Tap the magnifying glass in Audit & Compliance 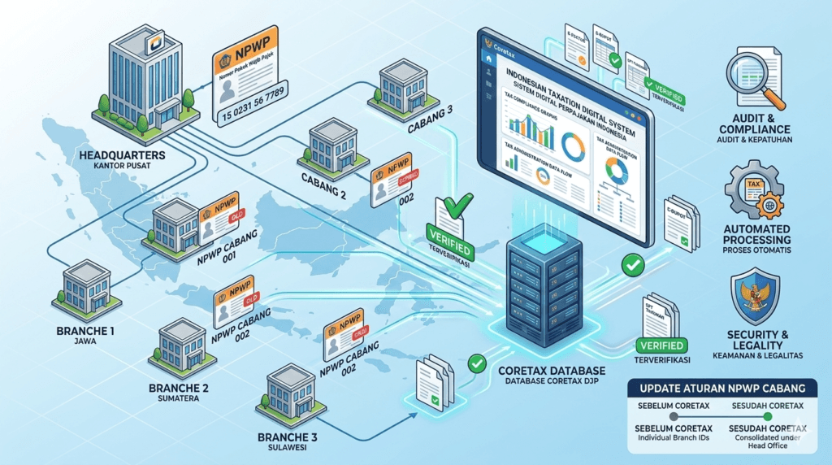coord(760,82)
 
